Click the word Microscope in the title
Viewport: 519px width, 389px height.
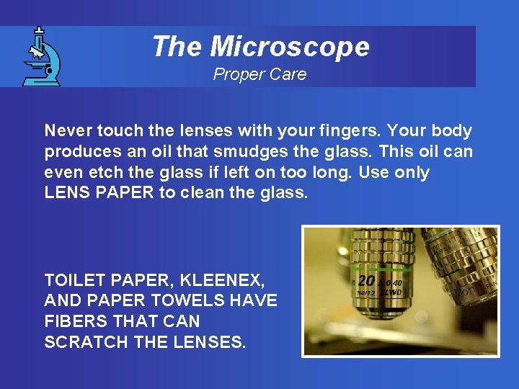pyautogui.click(x=290, y=47)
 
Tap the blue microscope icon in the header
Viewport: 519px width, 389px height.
pyautogui.click(x=40, y=57)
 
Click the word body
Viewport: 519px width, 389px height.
pyautogui.click(x=452, y=131)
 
